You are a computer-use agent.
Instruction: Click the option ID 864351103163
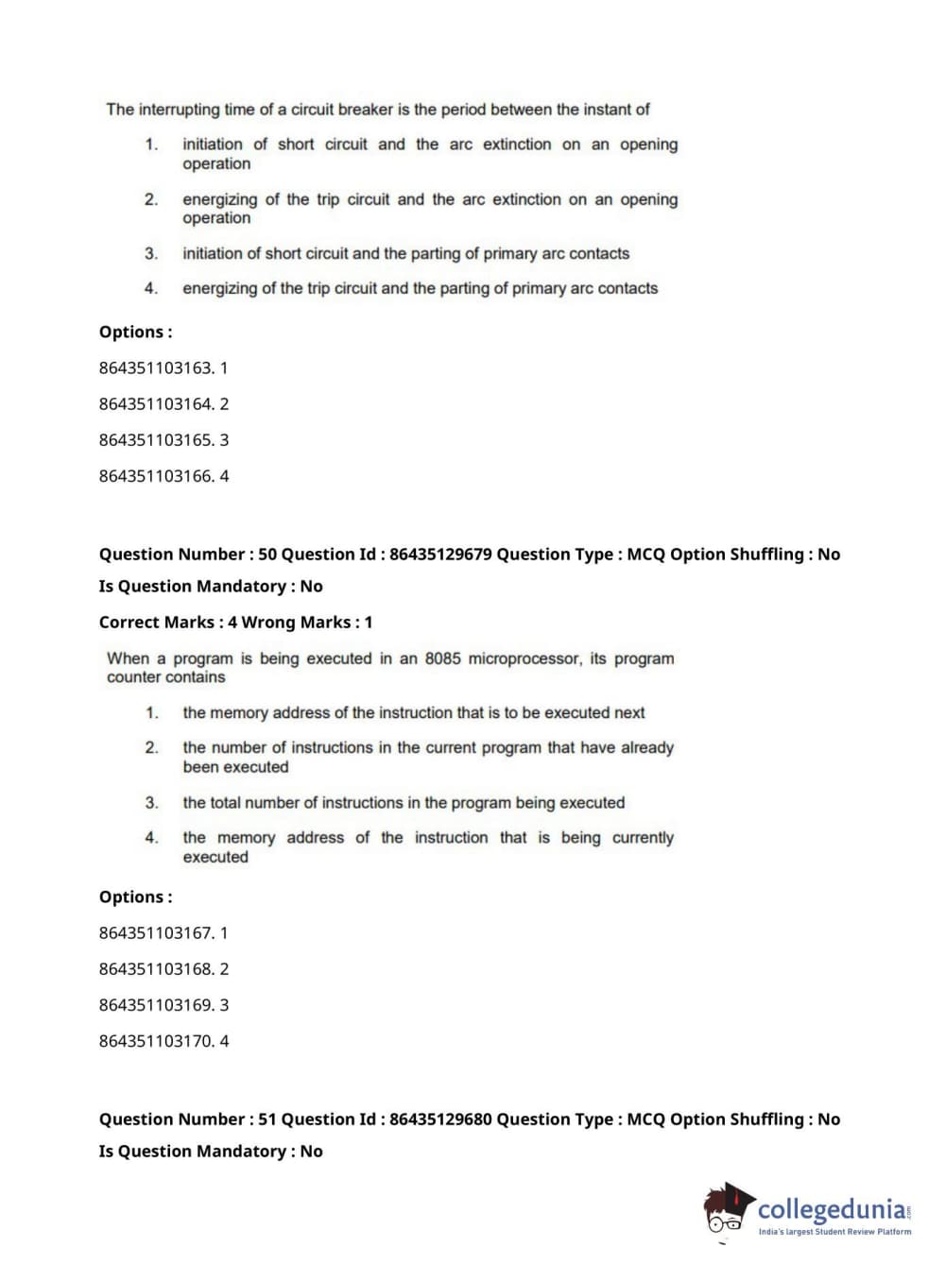(x=156, y=367)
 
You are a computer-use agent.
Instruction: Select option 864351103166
(x=156, y=476)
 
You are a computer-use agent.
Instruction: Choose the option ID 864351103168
(x=156, y=969)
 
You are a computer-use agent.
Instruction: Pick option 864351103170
(x=156, y=1041)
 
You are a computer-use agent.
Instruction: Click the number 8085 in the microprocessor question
(x=442, y=658)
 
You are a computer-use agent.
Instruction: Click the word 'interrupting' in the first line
(x=180, y=110)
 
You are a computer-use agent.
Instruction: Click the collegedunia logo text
(x=832, y=1209)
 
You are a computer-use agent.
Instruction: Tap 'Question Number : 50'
(x=188, y=555)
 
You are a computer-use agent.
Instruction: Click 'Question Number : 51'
(x=188, y=1119)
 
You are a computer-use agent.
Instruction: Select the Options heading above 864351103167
(x=136, y=897)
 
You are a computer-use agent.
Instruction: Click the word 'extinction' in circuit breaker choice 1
(x=517, y=145)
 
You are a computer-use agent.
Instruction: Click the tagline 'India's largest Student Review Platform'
(x=834, y=1232)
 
